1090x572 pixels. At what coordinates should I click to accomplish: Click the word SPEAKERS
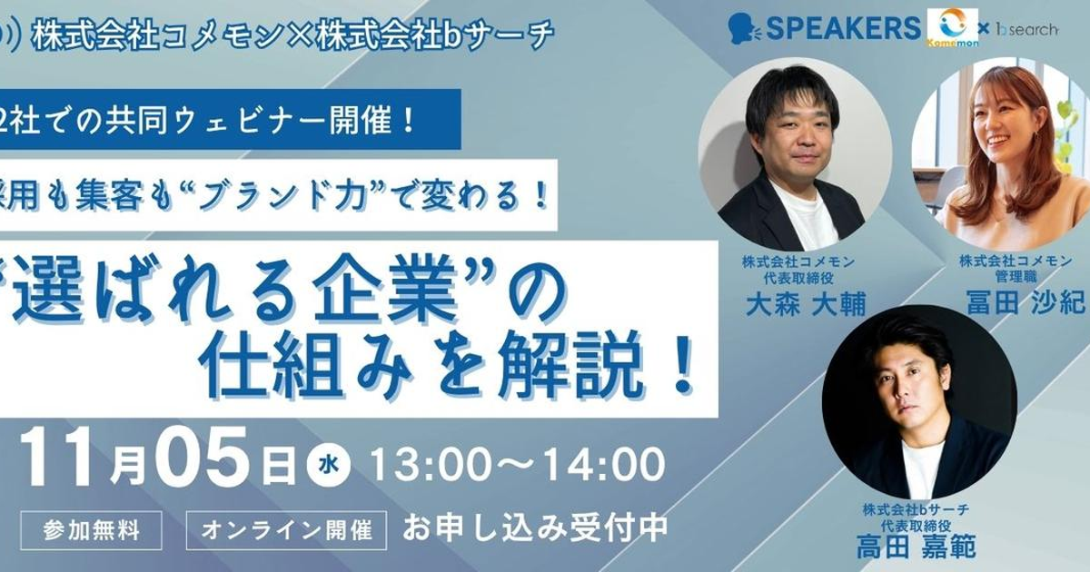click(843, 28)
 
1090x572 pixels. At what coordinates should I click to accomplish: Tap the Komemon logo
click(952, 28)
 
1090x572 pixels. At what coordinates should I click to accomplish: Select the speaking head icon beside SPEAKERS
click(744, 29)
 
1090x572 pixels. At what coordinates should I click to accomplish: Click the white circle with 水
click(329, 464)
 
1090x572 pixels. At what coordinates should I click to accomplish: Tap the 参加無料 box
click(91, 530)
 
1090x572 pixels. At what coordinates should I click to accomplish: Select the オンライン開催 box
click(287, 530)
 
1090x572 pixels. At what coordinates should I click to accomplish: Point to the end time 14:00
click(603, 464)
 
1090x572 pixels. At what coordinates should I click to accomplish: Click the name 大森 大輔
click(806, 306)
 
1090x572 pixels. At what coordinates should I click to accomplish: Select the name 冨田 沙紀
click(1026, 302)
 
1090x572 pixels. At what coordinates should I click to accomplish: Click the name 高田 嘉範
click(916, 547)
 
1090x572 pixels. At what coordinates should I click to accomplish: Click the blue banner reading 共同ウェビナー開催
click(230, 119)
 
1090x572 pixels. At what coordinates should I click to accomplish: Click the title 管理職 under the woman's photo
click(1016, 277)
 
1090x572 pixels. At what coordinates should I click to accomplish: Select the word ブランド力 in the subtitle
click(283, 196)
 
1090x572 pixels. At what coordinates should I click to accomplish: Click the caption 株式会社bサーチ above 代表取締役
click(917, 509)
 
